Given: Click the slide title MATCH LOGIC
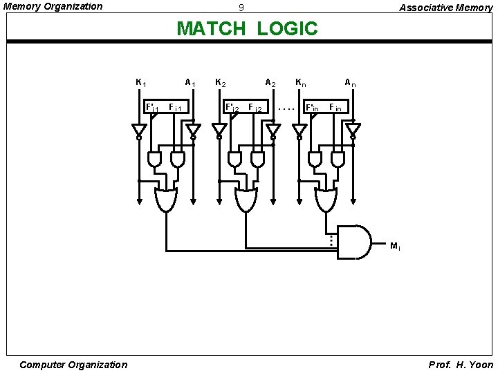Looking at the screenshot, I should [247, 29].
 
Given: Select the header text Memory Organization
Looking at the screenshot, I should [53, 6].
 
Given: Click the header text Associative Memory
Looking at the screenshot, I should [445, 8].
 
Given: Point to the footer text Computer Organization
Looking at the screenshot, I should [73, 365].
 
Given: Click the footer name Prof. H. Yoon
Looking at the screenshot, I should [461, 365].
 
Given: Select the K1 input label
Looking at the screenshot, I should [140, 83].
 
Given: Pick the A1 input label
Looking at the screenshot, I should [190, 83].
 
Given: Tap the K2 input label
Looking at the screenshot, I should [221, 83].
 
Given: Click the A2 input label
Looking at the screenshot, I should [270, 83].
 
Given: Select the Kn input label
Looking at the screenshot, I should [301, 83].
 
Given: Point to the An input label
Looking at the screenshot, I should [351, 83].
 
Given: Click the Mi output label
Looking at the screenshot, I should [395, 246].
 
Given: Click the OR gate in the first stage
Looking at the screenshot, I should [166, 199].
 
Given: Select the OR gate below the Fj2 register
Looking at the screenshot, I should [246, 199].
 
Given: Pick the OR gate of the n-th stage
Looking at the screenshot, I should [326, 199].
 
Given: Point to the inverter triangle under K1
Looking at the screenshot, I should [139, 130].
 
